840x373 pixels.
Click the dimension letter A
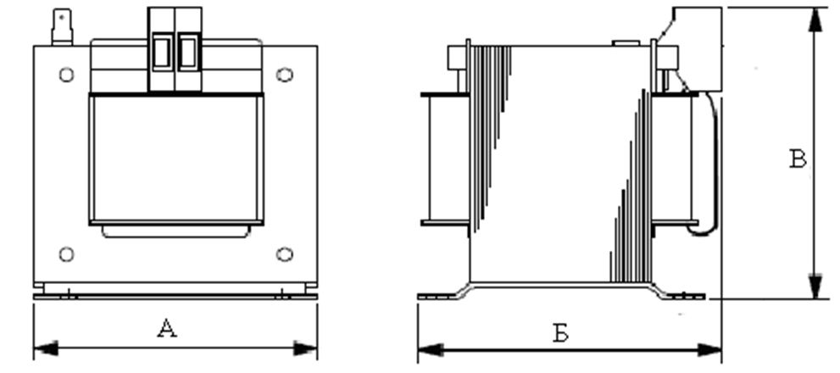(167, 328)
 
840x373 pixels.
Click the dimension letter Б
(560, 333)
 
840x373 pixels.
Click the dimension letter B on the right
(798, 159)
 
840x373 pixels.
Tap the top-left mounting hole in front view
(66, 75)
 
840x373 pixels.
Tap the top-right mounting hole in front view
(285, 75)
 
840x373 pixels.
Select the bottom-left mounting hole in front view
(66, 254)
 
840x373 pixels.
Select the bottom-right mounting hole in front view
(285, 254)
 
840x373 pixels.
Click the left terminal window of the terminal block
(161, 52)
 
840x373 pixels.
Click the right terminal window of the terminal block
(187, 52)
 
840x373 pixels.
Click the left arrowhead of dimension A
(45, 348)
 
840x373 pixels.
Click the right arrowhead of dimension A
(305, 348)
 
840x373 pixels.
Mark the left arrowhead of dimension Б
(430, 350)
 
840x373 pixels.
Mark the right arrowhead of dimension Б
(709, 350)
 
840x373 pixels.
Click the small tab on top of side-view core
(626, 43)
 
